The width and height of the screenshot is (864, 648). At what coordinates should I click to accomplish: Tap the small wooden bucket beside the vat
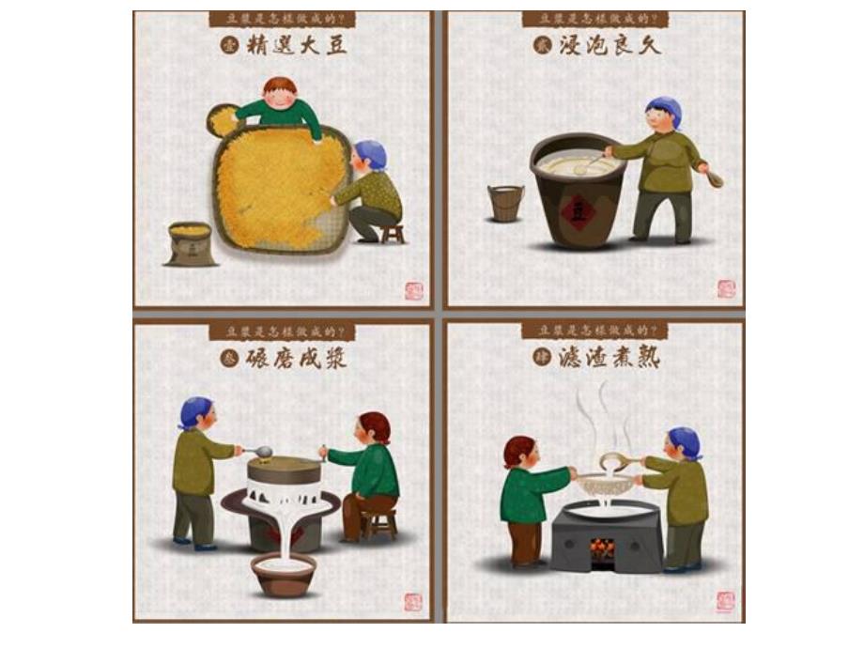pos(505,203)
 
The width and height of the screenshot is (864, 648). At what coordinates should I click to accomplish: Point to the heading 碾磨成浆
pos(296,358)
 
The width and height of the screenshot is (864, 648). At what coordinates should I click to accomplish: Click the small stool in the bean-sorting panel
pos(392,233)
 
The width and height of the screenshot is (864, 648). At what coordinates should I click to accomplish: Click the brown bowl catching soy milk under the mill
pos(283,574)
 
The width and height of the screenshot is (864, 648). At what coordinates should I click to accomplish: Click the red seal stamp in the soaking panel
pos(726,288)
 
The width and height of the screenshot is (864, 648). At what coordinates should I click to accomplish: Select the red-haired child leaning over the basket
pos(280,104)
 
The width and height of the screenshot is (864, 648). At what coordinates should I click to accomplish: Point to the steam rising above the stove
pos(601,418)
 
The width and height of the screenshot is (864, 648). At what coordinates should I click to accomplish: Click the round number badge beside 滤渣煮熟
pos(541,358)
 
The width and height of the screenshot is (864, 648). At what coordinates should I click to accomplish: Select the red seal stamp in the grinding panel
pos(413,601)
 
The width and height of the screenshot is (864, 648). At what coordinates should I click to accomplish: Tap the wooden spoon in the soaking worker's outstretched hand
pos(714,177)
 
